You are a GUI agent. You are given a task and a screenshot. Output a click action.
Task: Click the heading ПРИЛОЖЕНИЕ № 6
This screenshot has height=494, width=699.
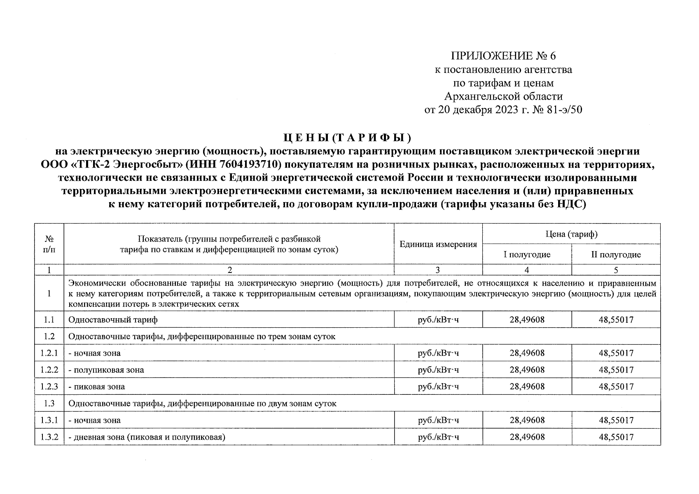click(x=503, y=56)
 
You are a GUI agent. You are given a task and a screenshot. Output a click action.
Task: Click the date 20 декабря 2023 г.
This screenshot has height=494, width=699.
click(x=479, y=110)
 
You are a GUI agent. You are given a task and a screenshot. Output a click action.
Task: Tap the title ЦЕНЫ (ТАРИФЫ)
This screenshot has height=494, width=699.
click(x=349, y=137)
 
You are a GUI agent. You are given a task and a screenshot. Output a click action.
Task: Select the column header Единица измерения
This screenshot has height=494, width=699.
click(x=438, y=245)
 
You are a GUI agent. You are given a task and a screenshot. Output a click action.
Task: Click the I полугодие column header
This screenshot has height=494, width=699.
click(x=527, y=254)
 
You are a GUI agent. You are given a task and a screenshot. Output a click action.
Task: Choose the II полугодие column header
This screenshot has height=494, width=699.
click(x=616, y=254)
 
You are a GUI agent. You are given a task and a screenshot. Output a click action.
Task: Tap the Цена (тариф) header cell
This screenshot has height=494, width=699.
click(x=571, y=234)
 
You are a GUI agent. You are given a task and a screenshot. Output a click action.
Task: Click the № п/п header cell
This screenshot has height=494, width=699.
click(x=49, y=244)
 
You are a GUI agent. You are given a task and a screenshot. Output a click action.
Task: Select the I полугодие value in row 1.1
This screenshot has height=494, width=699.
click(x=527, y=319)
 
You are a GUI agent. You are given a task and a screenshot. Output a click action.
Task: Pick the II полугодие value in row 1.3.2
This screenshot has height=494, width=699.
click(x=616, y=437)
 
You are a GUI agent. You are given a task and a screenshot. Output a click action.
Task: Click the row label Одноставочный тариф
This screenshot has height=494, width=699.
click(x=113, y=319)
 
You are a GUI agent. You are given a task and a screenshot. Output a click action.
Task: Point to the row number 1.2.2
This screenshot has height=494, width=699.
click(x=49, y=370)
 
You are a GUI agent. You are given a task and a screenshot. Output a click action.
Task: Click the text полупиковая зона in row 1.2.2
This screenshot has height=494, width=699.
click(x=108, y=370)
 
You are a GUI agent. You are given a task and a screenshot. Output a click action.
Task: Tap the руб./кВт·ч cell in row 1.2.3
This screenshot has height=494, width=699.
click(x=438, y=387)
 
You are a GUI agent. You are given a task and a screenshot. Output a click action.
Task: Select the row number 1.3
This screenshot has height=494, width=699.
click(x=49, y=403)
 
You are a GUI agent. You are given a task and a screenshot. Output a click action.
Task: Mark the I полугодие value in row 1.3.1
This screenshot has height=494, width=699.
click(x=527, y=420)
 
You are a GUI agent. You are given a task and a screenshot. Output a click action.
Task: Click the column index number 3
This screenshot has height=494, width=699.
click(x=437, y=270)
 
